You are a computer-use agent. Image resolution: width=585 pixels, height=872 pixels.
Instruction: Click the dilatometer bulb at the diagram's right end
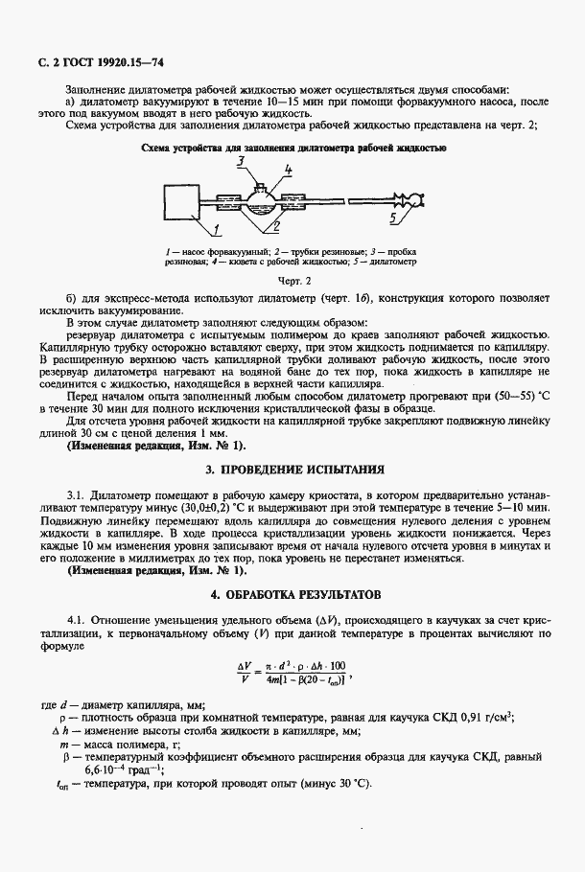(414, 200)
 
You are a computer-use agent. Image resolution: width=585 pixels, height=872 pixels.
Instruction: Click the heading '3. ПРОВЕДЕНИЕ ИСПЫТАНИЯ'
(294, 470)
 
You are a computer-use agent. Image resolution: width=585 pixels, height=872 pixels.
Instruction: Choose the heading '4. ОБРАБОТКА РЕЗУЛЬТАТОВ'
(294, 593)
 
